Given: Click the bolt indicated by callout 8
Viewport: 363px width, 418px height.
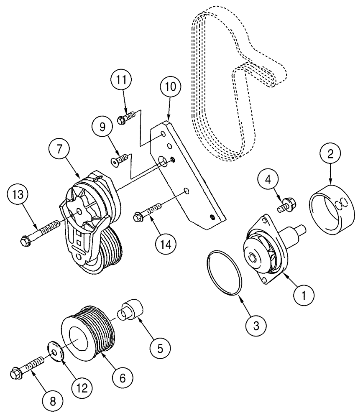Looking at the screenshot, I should tap(27, 367).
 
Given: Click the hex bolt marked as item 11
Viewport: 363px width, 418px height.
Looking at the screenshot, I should tap(125, 117).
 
